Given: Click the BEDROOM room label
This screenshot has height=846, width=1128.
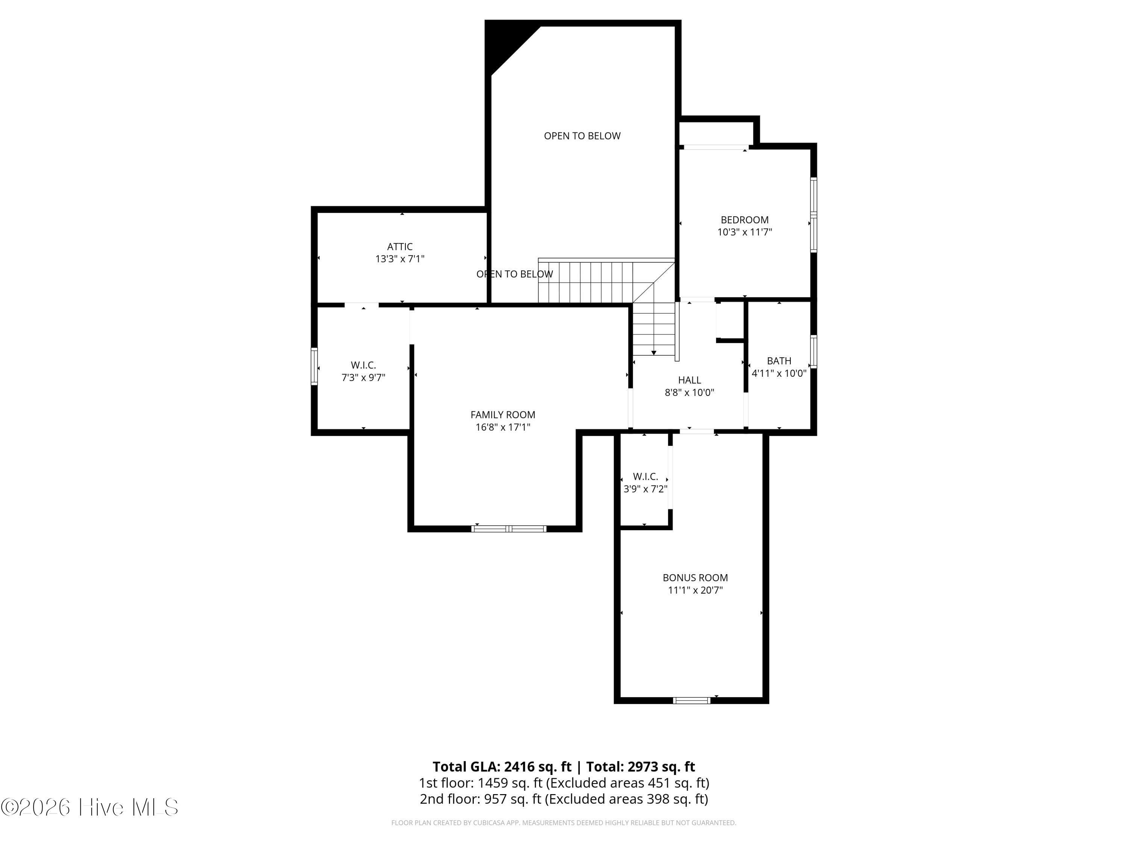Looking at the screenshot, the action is (x=744, y=220).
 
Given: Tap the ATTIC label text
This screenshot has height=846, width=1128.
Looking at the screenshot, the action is (x=400, y=247).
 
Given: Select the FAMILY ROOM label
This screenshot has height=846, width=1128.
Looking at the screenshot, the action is (x=503, y=415).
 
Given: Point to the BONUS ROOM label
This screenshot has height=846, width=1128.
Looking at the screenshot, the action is (x=695, y=578).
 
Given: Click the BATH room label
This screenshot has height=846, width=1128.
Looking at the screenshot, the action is (x=779, y=361).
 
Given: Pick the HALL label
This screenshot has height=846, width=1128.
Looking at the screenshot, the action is (x=690, y=380).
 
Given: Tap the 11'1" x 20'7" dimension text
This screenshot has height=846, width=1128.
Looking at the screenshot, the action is (x=695, y=590).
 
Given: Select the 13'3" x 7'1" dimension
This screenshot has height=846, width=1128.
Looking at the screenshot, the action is (x=400, y=259).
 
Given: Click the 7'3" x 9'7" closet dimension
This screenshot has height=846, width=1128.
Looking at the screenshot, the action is (x=363, y=378).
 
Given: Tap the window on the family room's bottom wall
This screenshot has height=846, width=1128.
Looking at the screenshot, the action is (x=509, y=529).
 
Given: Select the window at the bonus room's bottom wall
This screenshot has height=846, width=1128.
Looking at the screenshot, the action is (x=691, y=700).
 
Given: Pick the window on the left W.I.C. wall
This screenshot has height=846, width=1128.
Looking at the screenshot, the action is (x=314, y=366).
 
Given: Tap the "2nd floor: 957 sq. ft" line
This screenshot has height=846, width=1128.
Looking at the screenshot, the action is (x=481, y=799).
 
